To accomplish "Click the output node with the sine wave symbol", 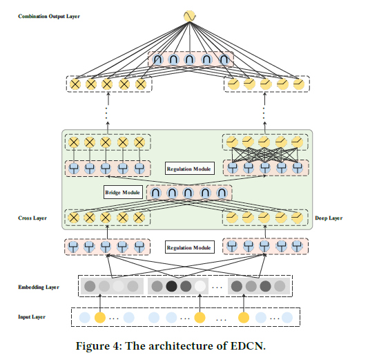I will pyautogui.click(x=189, y=15).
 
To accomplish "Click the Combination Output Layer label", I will pyautogui.click(x=49, y=15).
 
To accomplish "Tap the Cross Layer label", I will pyautogui.click(x=32, y=218).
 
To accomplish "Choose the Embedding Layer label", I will pyautogui.click(x=39, y=286).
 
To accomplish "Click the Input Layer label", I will pyautogui.click(x=32, y=317).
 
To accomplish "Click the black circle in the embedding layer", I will pyautogui.click(x=172, y=286).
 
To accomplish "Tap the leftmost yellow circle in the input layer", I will pyautogui.click(x=100, y=318).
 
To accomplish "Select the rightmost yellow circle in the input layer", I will pyautogui.click(x=244, y=318).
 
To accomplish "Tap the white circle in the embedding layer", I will pyautogui.click(x=200, y=286).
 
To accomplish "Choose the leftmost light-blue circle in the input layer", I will pyautogui.click(x=85, y=318).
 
